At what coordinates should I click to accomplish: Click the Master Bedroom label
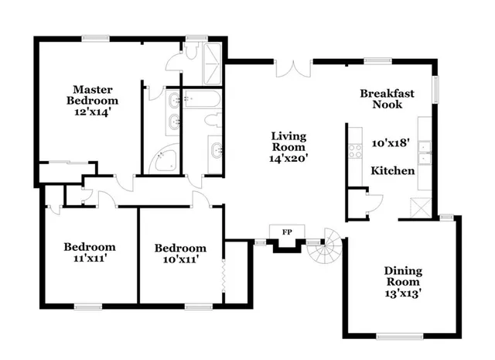pyautogui.click(x=92, y=94)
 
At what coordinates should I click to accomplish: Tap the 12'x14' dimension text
pyautogui.click(x=92, y=111)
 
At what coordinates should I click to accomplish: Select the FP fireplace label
pyautogui.click(x=286, y=231)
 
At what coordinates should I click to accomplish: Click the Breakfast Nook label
pyautogui.click(x=387, y=98)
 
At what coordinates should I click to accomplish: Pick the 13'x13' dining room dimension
pyautogui.click(x=403, y=293)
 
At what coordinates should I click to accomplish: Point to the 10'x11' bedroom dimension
pyautogui.click(x=180, y=259)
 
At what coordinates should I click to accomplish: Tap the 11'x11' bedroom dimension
pyautogui.click(x=89, y=259)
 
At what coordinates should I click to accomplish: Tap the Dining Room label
pyautogui.click(x=404, y=276)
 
